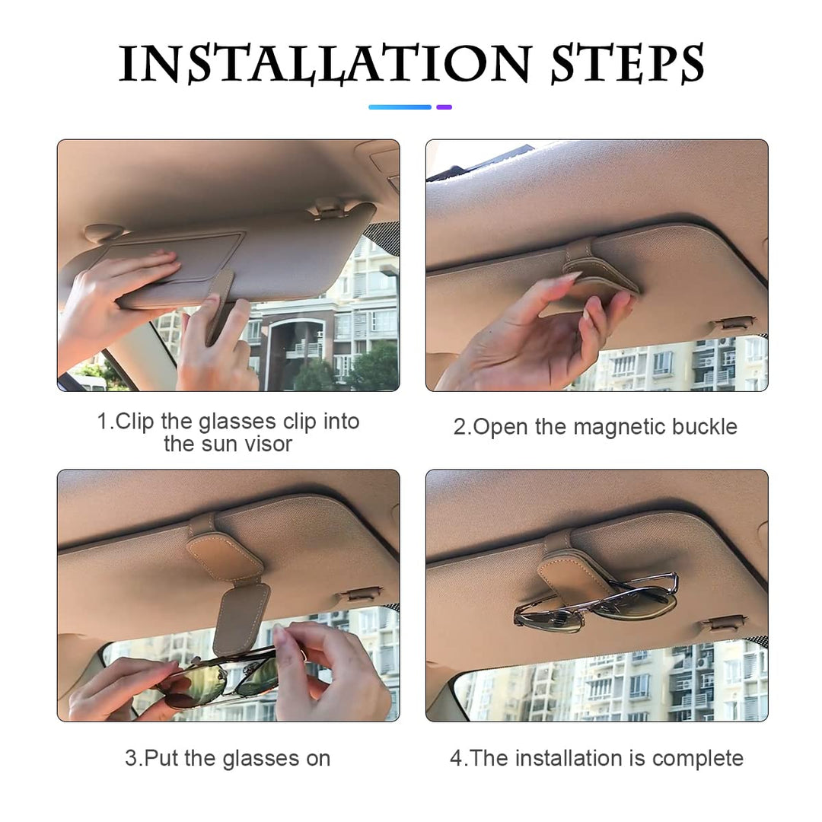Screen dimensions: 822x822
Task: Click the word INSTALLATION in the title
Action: point(325,63)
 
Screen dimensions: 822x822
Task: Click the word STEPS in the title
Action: point(628,63)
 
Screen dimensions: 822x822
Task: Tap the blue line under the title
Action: point(400,107)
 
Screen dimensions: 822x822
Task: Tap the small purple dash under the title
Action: point(444,107)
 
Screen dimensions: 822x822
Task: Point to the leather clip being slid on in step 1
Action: point(221,304)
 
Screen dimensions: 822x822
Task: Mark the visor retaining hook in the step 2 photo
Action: point(733,323)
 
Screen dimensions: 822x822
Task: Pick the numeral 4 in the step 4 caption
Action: point(456,758)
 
